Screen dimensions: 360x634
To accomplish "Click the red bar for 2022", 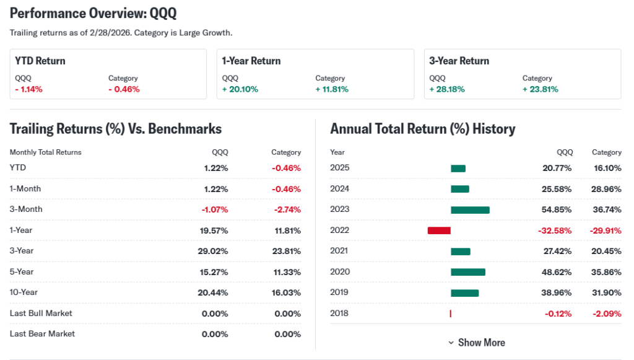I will (x=439, y=230).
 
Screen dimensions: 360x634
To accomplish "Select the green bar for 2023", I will (x=470, y=210).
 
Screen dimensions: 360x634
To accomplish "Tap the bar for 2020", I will (x=468, y=272).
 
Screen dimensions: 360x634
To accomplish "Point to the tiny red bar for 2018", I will (x=450, y=314).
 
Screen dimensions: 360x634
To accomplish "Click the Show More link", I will (x=477, y=343).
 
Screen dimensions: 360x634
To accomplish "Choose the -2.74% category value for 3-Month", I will (x=287, y=209).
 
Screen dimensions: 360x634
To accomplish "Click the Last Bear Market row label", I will (x=42, y=334).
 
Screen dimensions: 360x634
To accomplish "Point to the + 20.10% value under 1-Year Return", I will (x=240, y=89).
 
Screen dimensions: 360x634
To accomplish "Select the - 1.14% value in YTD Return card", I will (x=29, y=89).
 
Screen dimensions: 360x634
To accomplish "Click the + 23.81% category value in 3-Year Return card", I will (x=541, y=89).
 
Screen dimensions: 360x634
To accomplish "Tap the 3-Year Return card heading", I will (x=459, y=61).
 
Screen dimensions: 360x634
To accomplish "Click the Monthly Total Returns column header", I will (x=45, y=152).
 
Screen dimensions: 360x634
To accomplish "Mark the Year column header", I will (x=337, y=152).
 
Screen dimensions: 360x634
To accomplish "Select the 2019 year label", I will (x=340, y=292).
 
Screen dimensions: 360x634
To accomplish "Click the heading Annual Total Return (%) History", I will (x=422, y=129).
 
